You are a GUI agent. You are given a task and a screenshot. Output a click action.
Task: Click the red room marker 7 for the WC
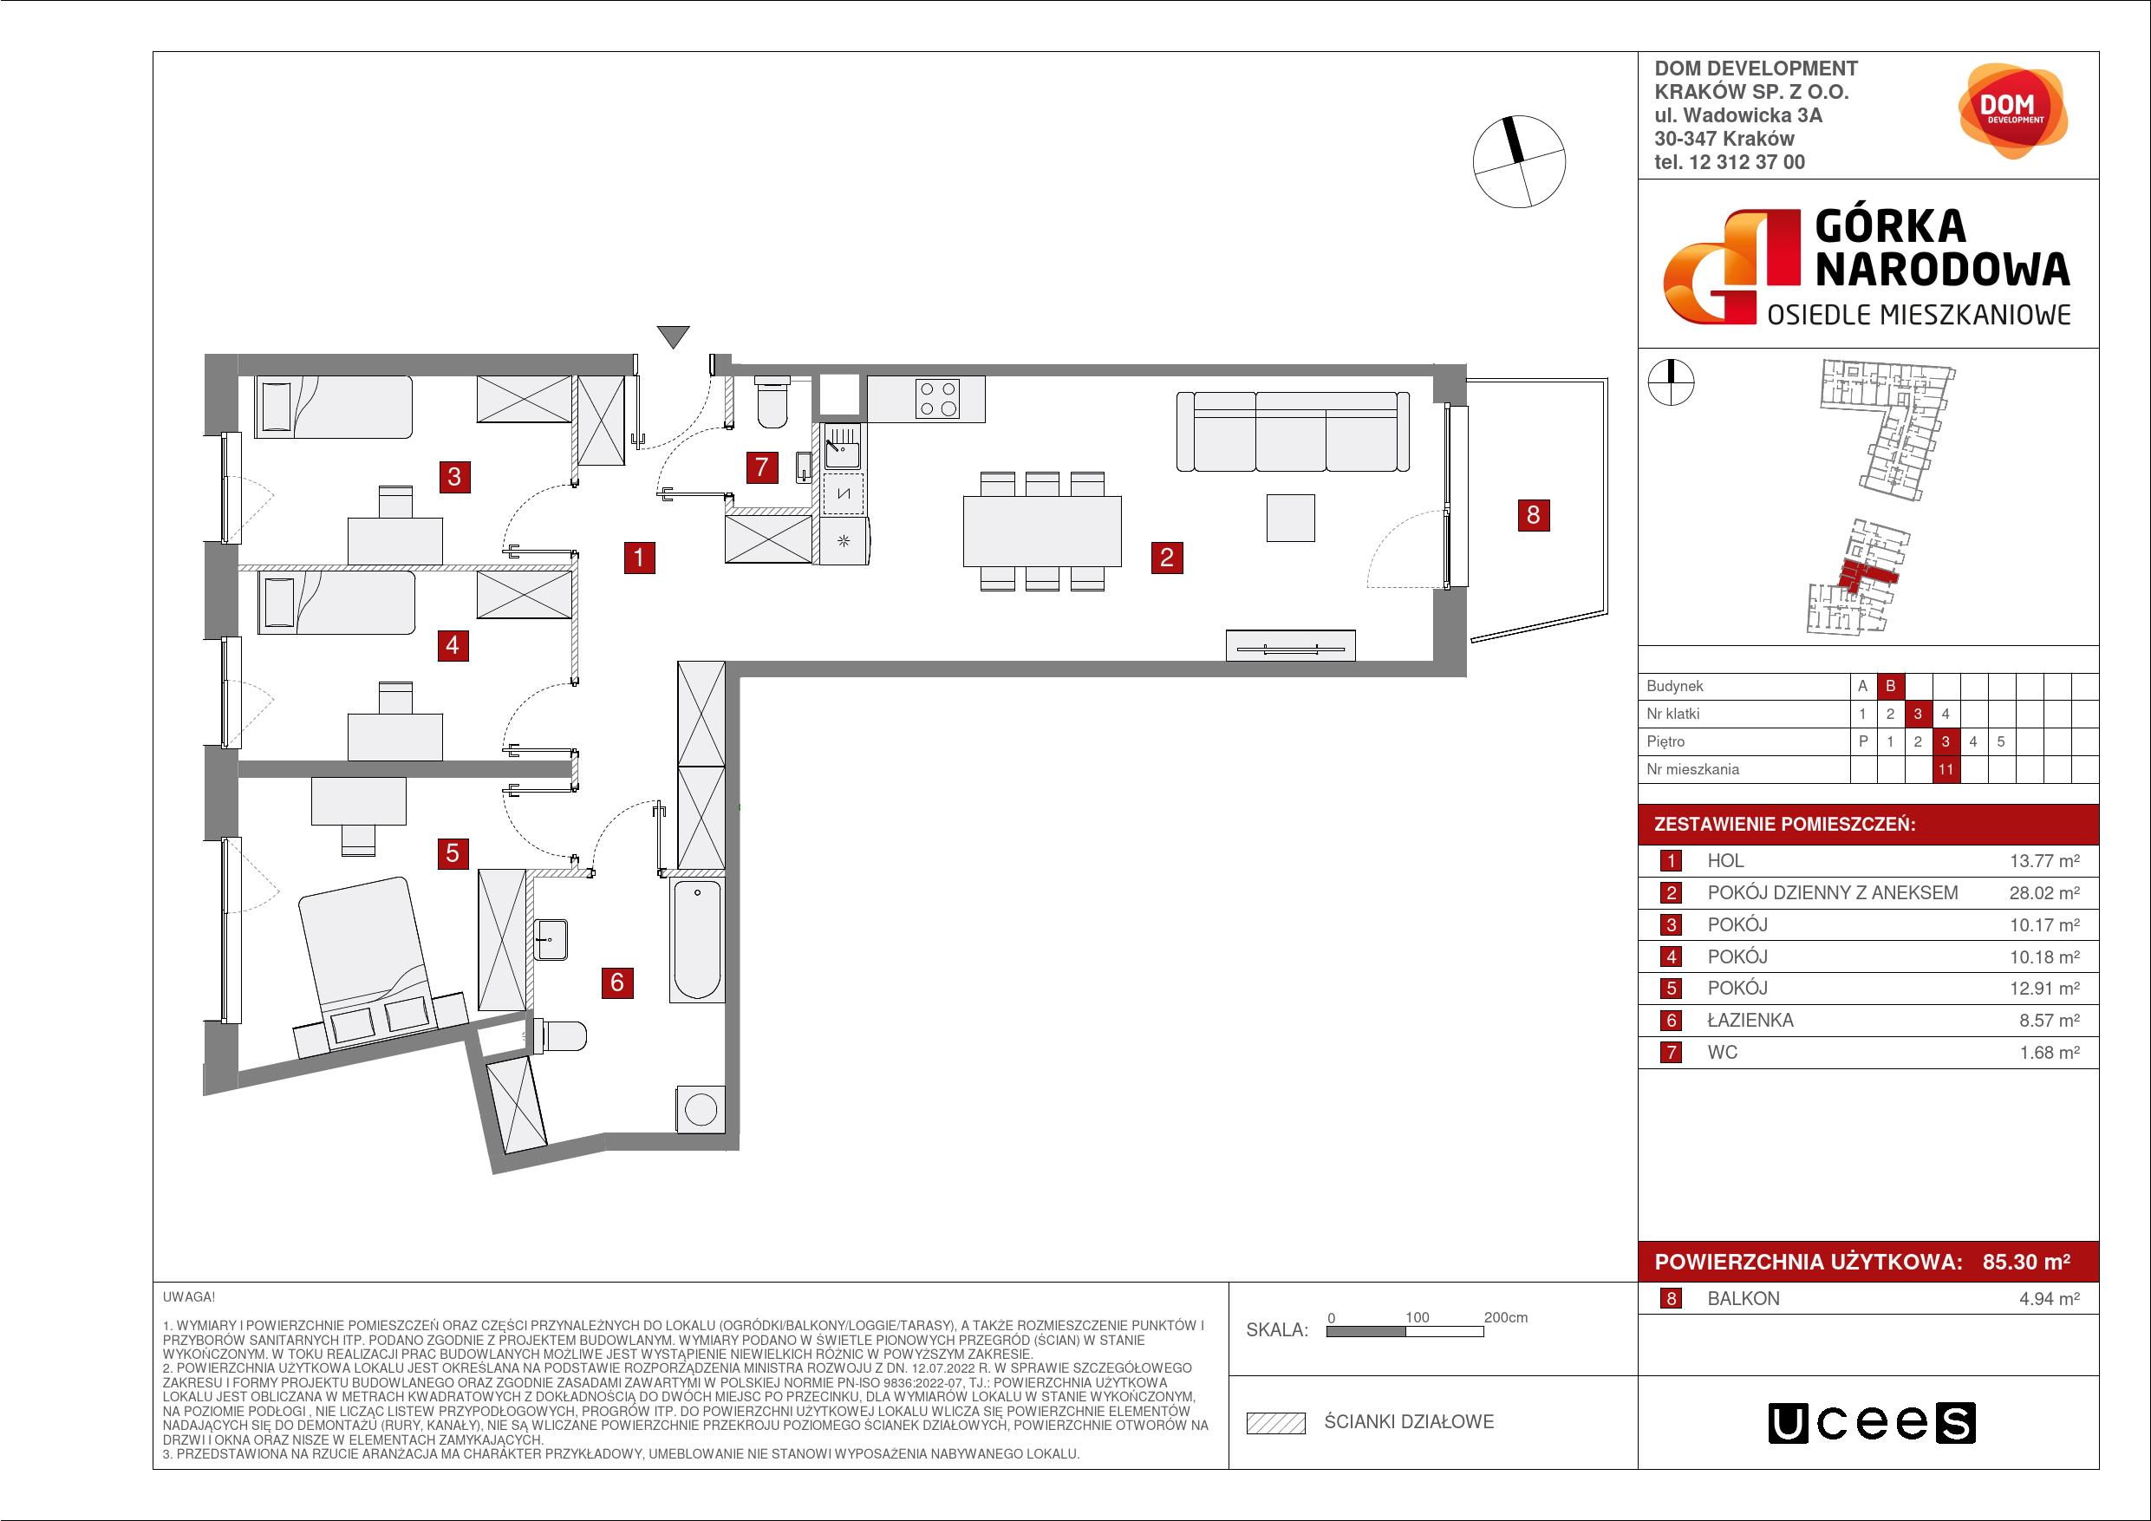pyautogui.click(x=762, y=467)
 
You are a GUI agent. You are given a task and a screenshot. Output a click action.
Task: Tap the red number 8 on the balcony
pyautogui.click(x=1533, y=514)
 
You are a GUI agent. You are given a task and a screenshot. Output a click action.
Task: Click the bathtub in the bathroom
pyautogui.click(x=696, y=940)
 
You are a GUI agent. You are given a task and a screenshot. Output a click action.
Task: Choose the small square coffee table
pyautogui.click(x=1291, y=518)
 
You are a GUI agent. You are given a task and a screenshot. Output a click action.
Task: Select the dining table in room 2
pyautogui.click(x=1042, y=532)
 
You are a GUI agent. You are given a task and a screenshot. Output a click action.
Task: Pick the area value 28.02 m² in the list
pyautogui.click(x=2044, y=893)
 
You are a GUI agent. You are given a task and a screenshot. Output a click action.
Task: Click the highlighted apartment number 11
pyautogui.click(x=1946, y=769)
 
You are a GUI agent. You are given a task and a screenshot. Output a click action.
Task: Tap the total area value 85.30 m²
pyautogui.click(x=2026, y=1262)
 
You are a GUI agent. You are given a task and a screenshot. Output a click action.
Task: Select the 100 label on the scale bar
pyautogui.click(x=1417, y=1316)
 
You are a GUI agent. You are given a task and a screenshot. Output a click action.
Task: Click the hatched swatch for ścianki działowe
pyautogui.click(x=1276, y=1423)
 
